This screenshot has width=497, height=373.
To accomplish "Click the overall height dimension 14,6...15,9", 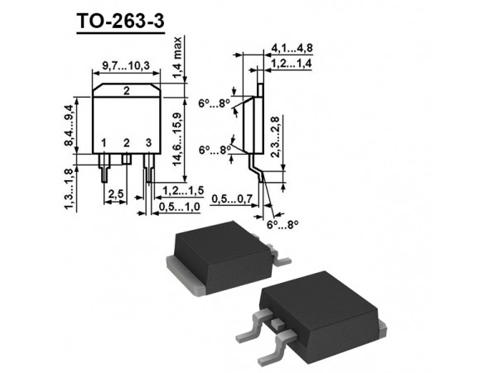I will (x=178, y=137).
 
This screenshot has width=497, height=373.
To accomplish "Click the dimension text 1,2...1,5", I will (x=180, y=192).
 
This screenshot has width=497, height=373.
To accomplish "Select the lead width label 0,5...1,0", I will (x=180, y=206).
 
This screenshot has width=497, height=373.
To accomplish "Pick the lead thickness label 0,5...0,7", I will (x=232, y=200).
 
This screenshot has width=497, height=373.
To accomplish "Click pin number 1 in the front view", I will (x=104, y=144).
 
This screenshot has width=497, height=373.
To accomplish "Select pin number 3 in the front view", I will (x=147, y=144).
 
